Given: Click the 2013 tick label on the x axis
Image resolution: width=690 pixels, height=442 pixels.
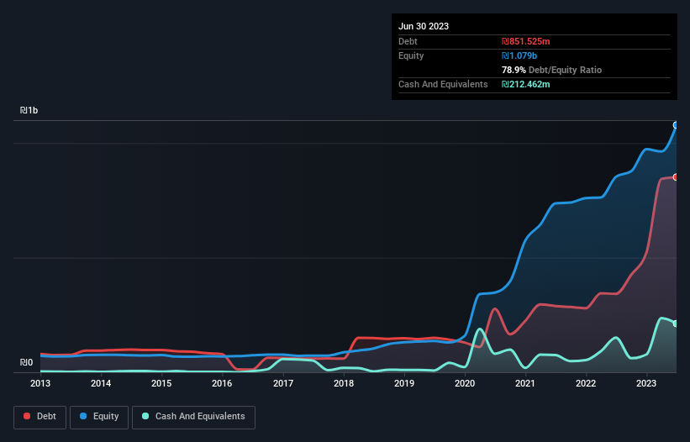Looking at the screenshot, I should (x=40, y=383).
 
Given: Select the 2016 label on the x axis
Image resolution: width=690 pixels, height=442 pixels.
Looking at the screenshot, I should (x=222, y=383).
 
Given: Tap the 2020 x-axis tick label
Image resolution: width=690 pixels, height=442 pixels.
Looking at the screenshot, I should (x=465, y=383).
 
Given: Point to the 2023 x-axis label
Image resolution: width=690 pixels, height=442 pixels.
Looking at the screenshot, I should (x=646, y=383).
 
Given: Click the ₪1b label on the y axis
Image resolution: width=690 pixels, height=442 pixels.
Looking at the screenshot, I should (x=29, y=111).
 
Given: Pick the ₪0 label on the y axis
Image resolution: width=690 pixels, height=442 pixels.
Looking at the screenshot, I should (x=26, y=363).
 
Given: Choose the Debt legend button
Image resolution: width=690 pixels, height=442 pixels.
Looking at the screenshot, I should (x=40, y=416).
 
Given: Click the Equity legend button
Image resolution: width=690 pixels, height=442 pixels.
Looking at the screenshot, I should (x=98, y=416).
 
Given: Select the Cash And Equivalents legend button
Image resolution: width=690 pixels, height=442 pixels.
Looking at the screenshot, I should (x=193, y=416).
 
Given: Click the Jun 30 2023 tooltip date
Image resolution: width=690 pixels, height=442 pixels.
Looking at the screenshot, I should (x=424, y=26).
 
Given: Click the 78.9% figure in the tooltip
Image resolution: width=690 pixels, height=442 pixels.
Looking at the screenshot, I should (x=514, y=70).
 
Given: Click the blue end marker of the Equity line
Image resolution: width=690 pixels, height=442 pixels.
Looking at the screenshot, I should (x=676, y=124).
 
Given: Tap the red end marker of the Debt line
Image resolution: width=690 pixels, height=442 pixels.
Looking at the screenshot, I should (x=676, y=177).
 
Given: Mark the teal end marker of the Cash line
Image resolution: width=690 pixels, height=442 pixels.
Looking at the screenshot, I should (x=676, y=324).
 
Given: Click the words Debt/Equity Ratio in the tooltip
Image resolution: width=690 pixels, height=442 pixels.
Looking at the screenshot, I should (x=566, y=70).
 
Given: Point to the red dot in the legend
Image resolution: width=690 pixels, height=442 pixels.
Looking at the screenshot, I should (x=28, y=416).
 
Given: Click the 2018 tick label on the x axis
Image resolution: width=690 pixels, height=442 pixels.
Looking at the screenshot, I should (x=343, y=383).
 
